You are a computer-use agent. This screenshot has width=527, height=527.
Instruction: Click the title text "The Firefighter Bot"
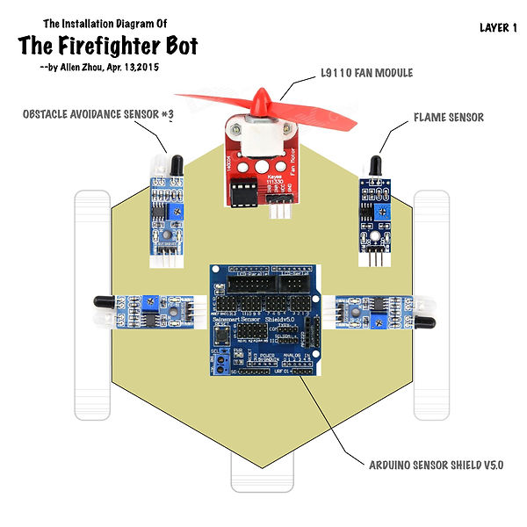pos(108,45)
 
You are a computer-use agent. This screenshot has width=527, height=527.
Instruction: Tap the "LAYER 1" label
pos(498,27)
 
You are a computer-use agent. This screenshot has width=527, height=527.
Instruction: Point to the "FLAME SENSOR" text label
pos(448,117)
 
